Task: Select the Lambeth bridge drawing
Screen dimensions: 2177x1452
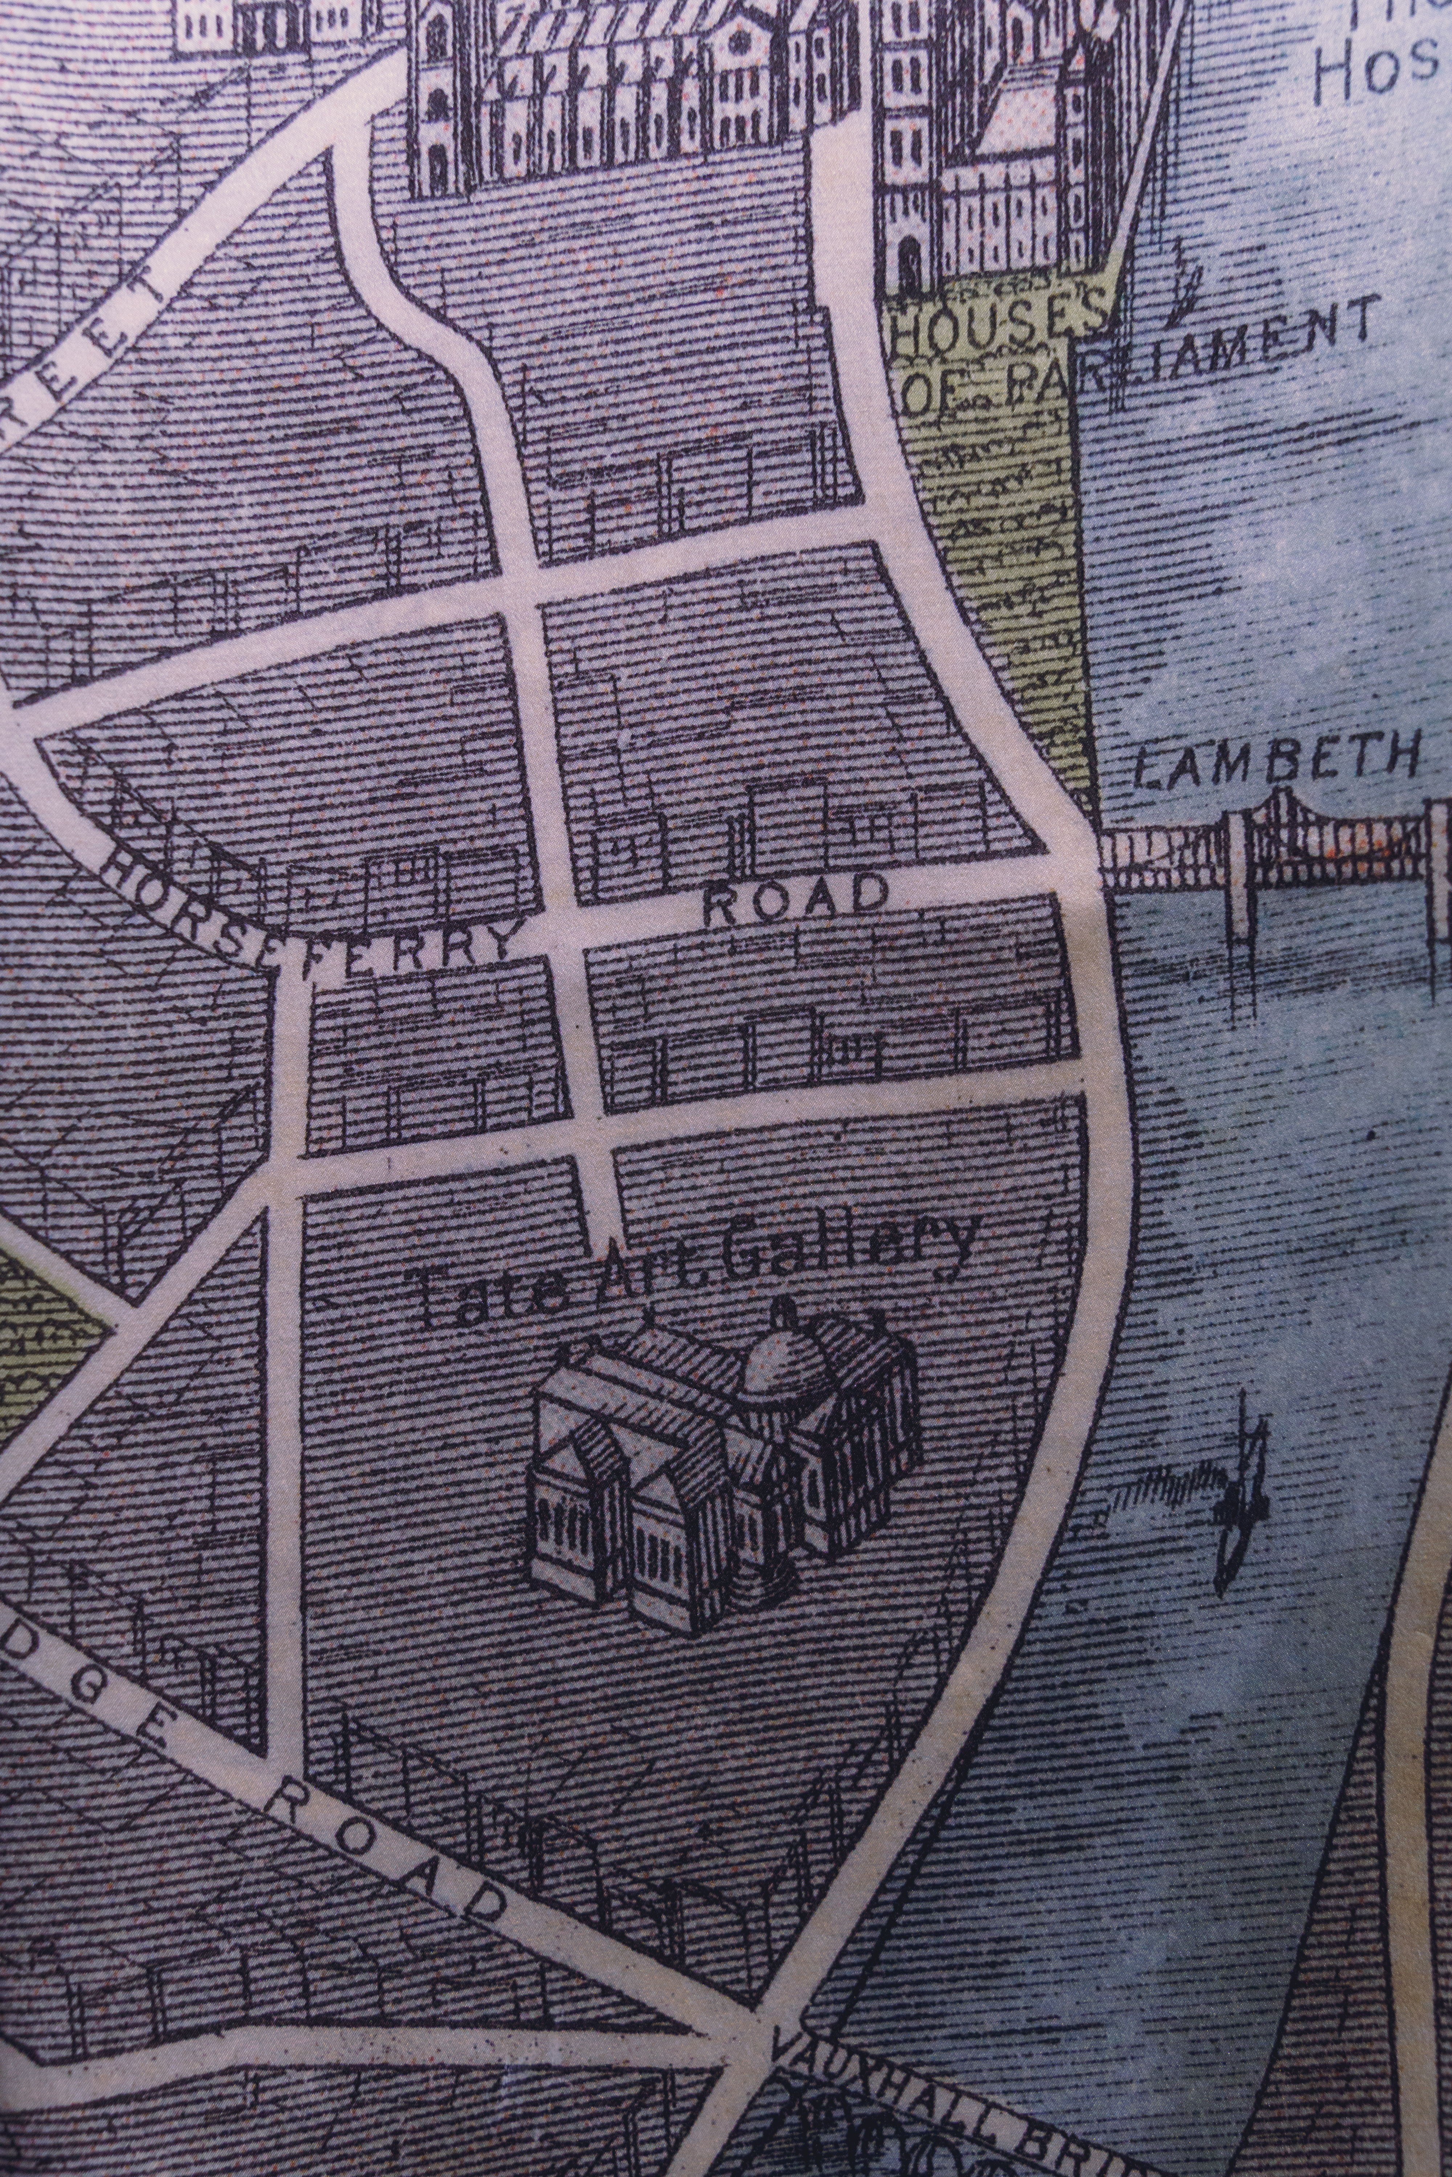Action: click(x=1278, y=847)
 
